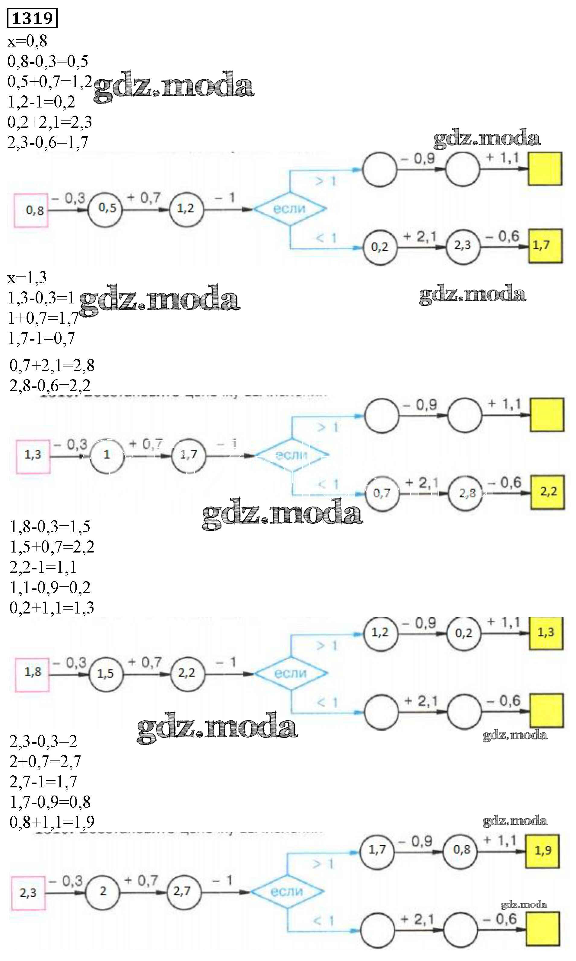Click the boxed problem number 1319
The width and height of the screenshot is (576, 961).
tap(32, 18)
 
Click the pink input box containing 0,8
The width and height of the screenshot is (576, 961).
tap(31, 210)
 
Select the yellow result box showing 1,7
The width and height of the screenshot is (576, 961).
tap(545, 246)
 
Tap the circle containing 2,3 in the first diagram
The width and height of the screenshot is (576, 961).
tap(462, 246)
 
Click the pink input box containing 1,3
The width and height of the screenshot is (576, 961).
tap(33, 456)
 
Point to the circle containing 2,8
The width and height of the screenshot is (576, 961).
tap(465, 493)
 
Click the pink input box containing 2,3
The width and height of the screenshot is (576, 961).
tap(28, 893)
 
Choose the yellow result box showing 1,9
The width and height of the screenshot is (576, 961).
tap(542, 851)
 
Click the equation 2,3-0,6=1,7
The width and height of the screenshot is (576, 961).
tap(48, 143)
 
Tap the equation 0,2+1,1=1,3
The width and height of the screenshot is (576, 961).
tap(52, 608)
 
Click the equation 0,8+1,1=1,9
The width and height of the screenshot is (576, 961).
tap(52, 822)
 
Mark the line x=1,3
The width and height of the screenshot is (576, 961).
tap(27, 278)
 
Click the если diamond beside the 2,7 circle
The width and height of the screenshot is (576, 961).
tap(287, 892)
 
